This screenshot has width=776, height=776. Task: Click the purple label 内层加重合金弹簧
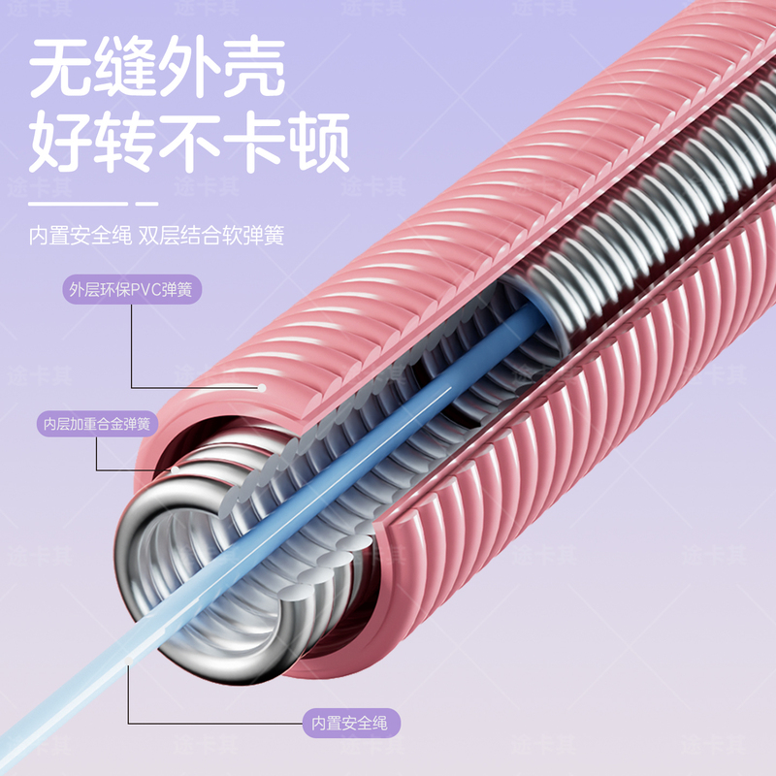pos(96,424)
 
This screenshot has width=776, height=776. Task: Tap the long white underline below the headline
pos(78,204)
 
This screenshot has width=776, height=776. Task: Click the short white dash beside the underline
pos(146,204)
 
